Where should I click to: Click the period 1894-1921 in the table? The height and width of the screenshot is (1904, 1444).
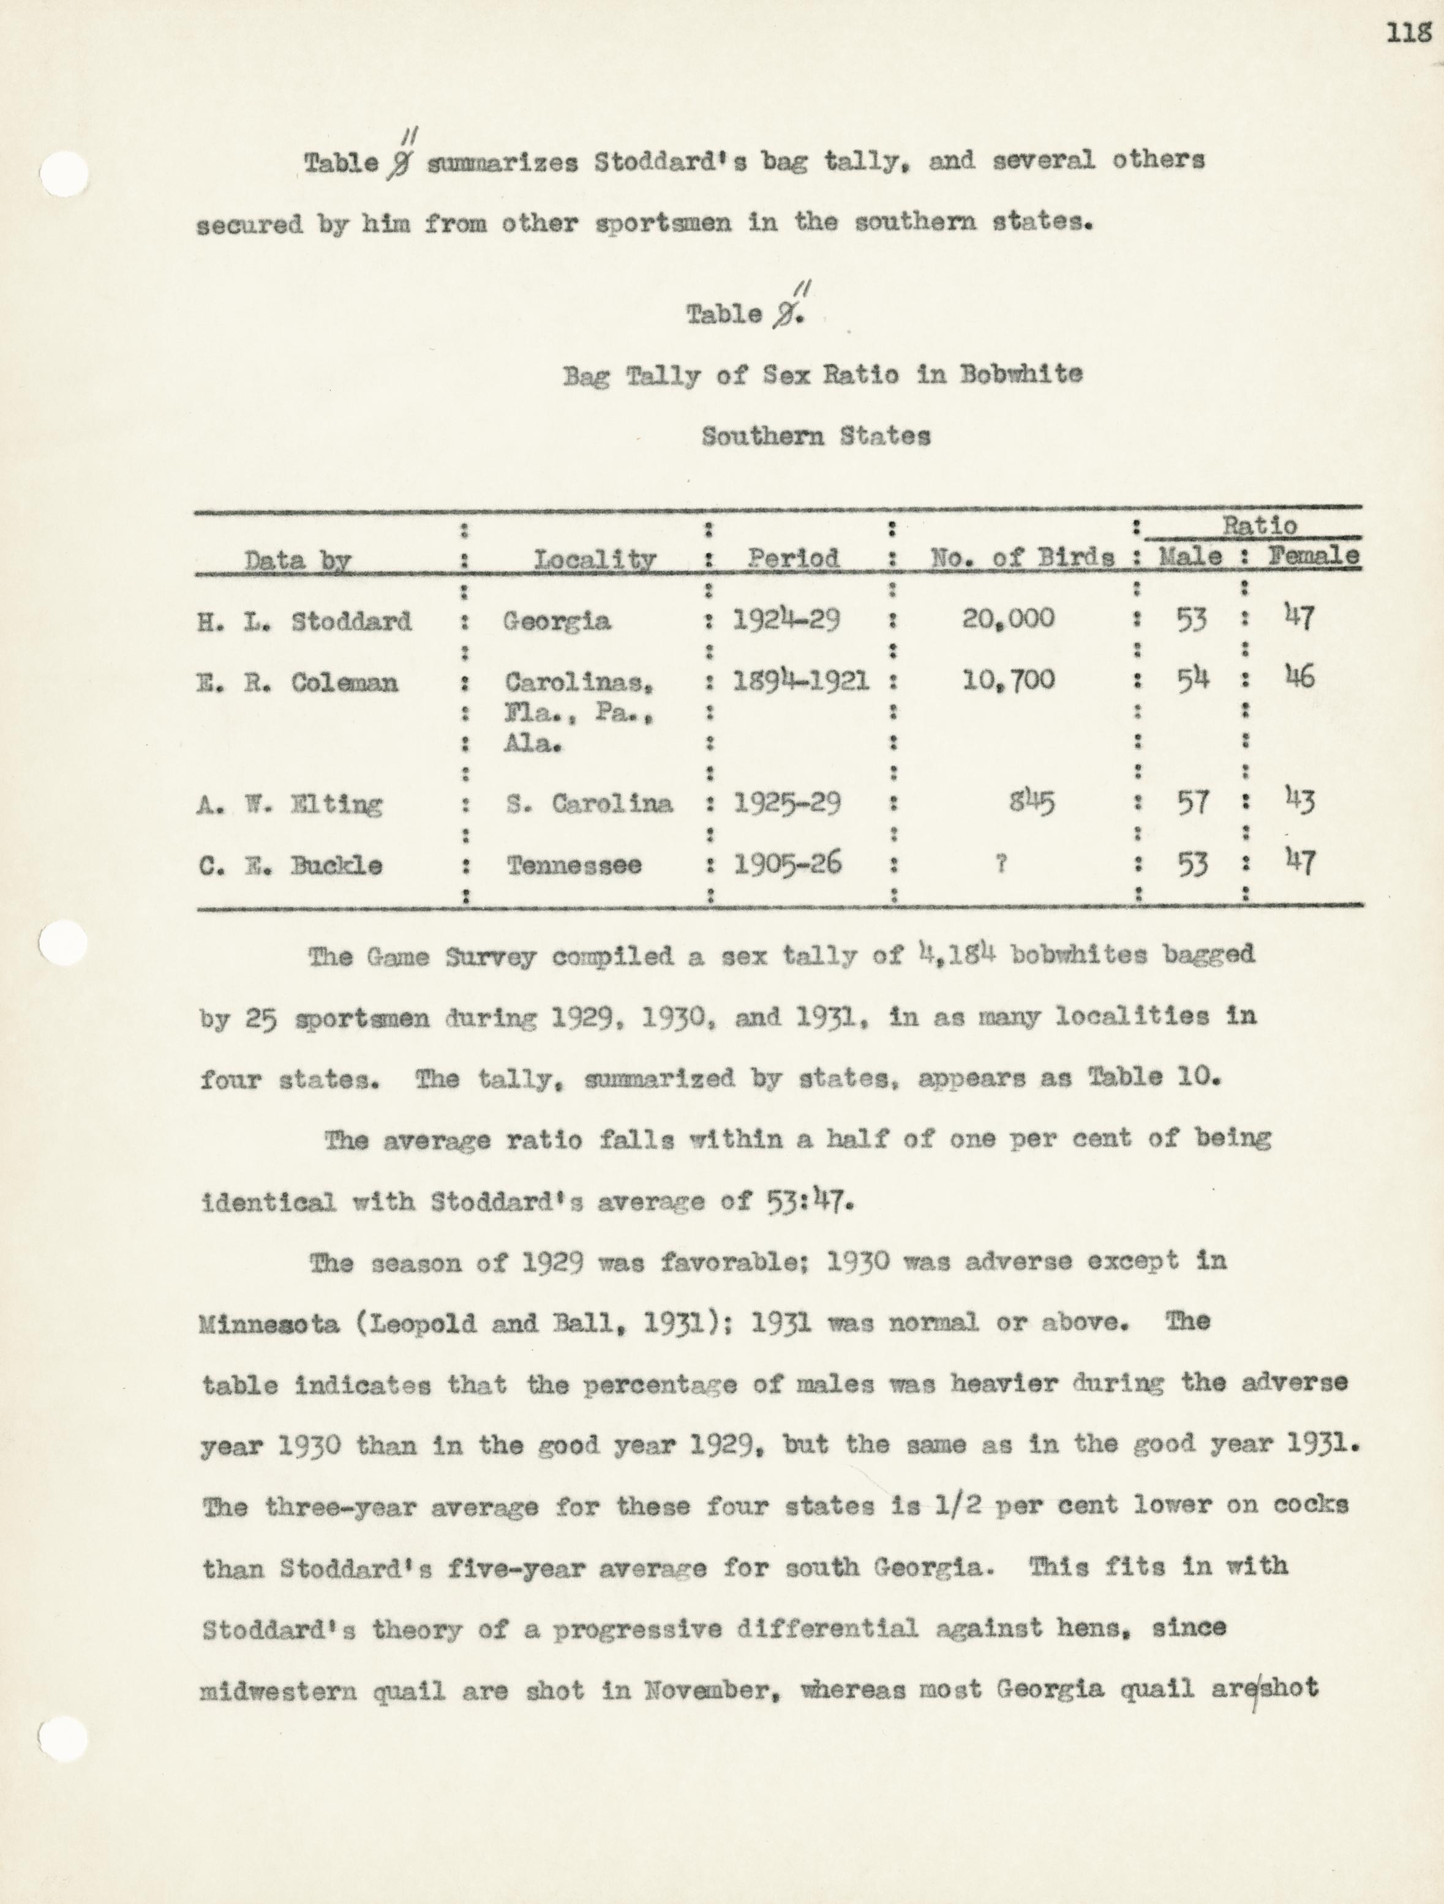(800, 681)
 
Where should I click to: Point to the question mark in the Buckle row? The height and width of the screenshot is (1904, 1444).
(1001, 864)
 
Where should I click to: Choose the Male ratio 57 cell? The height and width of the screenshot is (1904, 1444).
(1192, 802)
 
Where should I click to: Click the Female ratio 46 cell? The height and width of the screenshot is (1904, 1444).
(1299, 678)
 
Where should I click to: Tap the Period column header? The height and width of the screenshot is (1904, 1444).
(792, 558)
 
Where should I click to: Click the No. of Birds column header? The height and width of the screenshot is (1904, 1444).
(1022, 558)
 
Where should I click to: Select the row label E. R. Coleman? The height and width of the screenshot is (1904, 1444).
(297, 682)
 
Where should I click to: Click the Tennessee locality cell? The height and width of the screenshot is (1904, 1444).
(573, 865)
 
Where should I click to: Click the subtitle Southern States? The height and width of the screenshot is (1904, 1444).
(816, 436)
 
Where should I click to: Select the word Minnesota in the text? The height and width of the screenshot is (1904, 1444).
(269, 1323)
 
